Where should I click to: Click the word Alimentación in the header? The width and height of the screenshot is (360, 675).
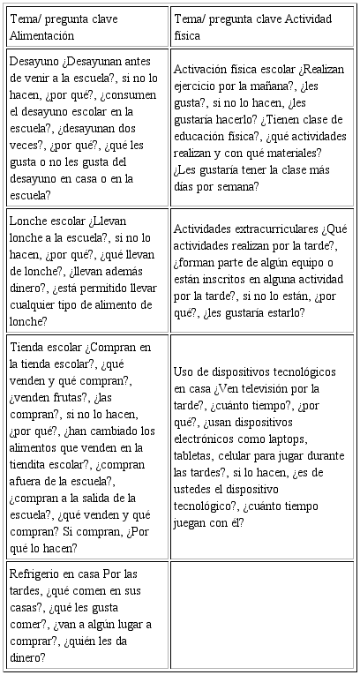pos(41,35)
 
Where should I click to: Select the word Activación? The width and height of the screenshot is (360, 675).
pos(205,69)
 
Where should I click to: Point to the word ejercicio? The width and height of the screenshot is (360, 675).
pos(200,86)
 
